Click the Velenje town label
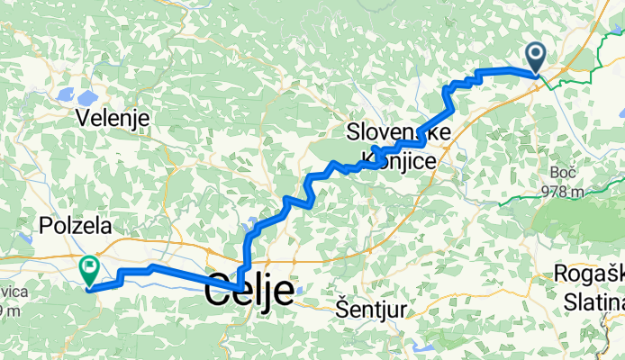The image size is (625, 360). pos(113,118)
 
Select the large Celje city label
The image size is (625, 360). pos(249,292)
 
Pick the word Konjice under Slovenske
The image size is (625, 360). pos(399,160)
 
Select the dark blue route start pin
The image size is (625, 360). pos(536,58)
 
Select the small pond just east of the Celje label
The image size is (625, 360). pos(301,289)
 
